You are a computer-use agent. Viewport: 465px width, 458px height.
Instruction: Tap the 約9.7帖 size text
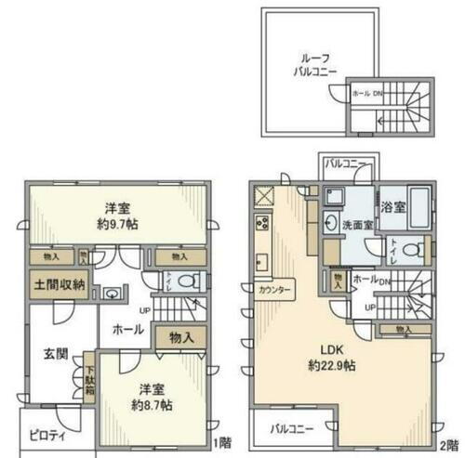115,225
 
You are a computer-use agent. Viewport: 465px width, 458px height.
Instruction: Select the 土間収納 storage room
60,284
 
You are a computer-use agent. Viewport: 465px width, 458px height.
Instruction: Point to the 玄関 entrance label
53,353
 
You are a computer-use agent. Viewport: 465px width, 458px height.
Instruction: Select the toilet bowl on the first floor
186,281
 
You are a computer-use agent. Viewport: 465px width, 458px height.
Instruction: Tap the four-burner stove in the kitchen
262,224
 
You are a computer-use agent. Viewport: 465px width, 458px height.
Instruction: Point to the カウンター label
276,289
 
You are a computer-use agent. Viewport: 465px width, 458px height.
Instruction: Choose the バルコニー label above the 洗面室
343,165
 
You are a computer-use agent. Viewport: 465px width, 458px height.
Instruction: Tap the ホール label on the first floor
128,328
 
